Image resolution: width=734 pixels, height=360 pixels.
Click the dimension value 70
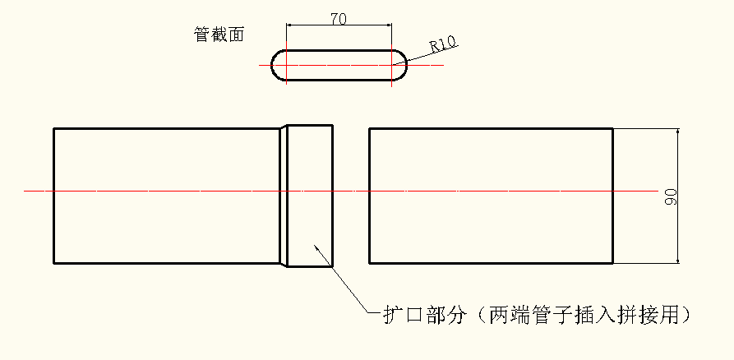[x=337, y=19]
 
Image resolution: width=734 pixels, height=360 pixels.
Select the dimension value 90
[x=671, y=196]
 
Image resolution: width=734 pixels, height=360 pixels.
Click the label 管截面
[x=219, y=35]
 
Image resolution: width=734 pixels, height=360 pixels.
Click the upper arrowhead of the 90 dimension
[x=677, y=132]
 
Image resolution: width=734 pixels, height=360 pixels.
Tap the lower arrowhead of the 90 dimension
[x=677, y=260]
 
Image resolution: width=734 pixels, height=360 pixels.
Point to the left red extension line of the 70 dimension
[x=286, y=41]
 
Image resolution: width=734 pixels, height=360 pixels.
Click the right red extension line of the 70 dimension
[x=391, y=41]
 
